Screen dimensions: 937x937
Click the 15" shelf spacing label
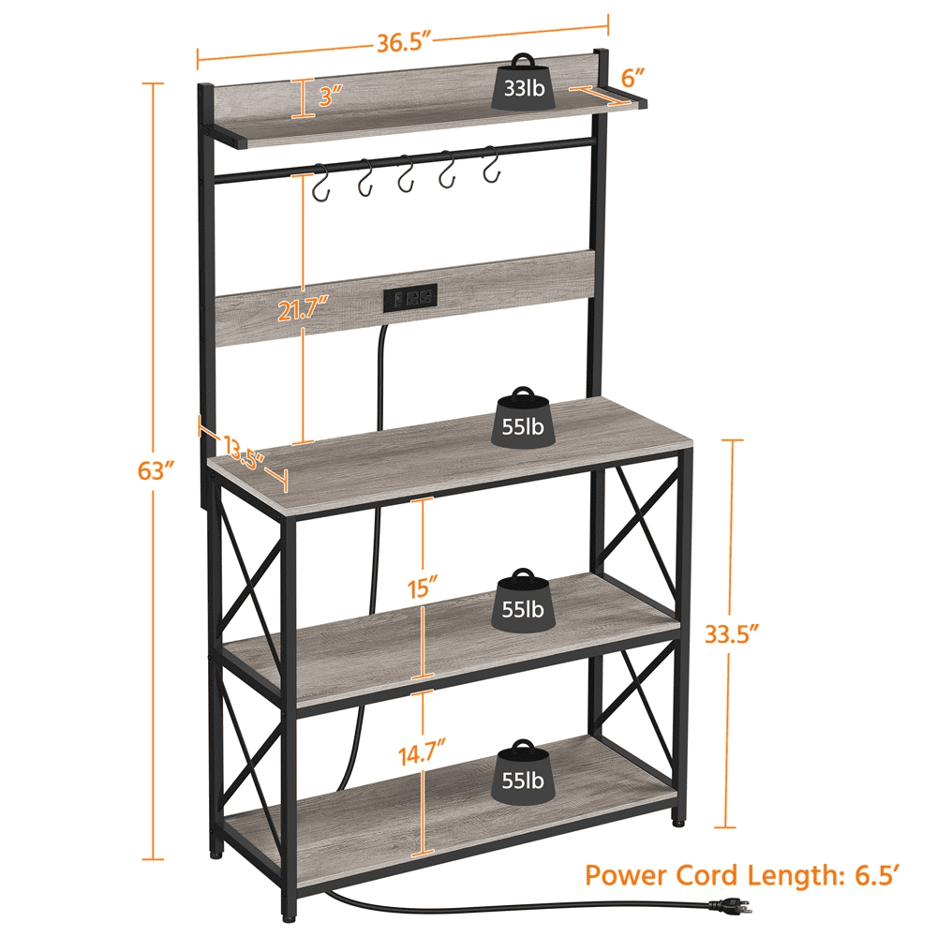tap(424, 587)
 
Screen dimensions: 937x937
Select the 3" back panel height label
tap(329, 94)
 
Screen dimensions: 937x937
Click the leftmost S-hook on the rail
tap(321, 184)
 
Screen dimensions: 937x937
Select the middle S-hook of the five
tap(406, 175)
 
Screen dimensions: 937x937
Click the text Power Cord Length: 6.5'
tap(743, 875)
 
